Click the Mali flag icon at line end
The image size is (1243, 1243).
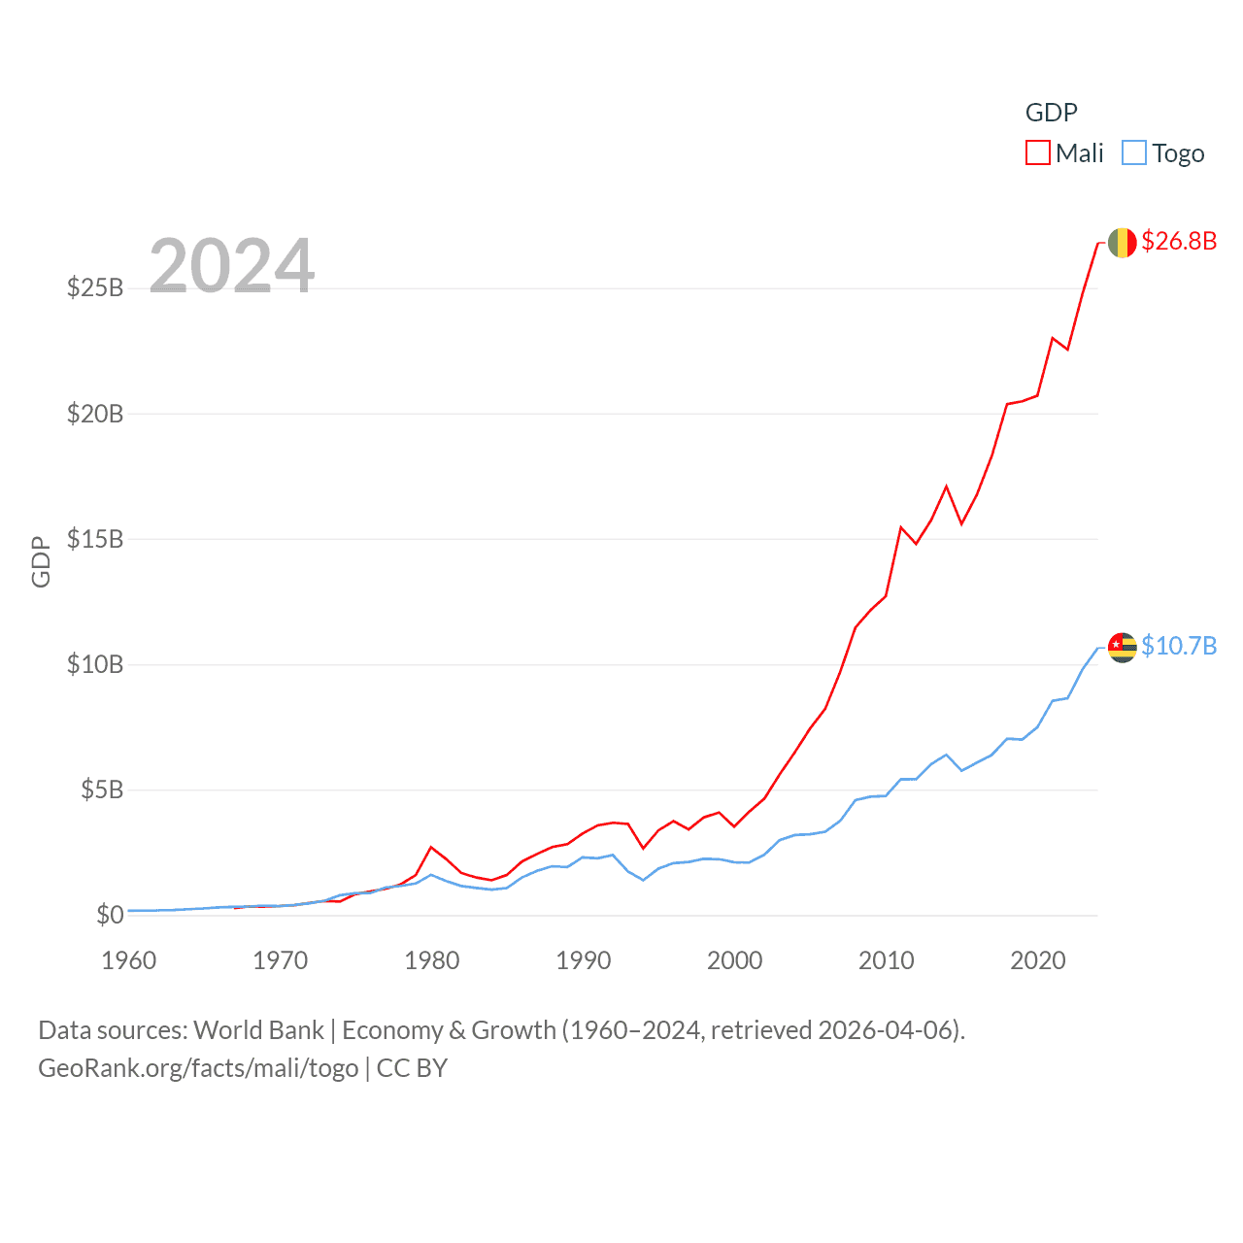pyautogui.click(x=1122, y=243)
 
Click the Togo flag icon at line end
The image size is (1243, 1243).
pyautogui.click(x=1122, y=647)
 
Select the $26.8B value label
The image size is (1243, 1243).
pyautogui.click(x=1179, y=241)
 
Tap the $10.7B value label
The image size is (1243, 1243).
pyautogui.click(x=1179, y=646)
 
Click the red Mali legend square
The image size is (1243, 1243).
pyautogui.click(x=1038, y=153)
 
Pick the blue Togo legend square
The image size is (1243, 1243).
pyautogui.click(x=1133, y=153)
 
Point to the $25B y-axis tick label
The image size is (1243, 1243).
pyautogui.click(x=95, y=287)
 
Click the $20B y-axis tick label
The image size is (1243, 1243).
pyautogui.click(x=95, y=414)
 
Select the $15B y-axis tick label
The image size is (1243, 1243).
pyautogui.click(x=95, y=539)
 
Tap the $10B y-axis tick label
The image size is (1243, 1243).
pyautogui.click(x=95, y=664)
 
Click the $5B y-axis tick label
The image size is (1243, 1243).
pyautogui.click(x=102, y=789)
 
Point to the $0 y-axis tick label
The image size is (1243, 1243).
pyautogui.click(x=110, y=915)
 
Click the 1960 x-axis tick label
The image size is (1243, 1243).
pyautogui.click(x=129, y=960)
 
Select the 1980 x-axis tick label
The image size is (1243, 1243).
pyautogui.click(x=432, y=960)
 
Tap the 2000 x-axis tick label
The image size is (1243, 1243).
pyautogui.click(x=735, y=960)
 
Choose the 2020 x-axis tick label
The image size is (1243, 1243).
pyautogui.click(x=1038, y=960)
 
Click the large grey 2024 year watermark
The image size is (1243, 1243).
pyautogui.click(x=232, y=266)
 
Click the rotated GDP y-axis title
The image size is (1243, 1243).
pyautogui.click(x=41, y=561)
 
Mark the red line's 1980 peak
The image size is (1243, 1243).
pyautogui.click(x=431, y=847)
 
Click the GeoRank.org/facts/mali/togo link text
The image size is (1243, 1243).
pyautogui.click(x=198, y=1068)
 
